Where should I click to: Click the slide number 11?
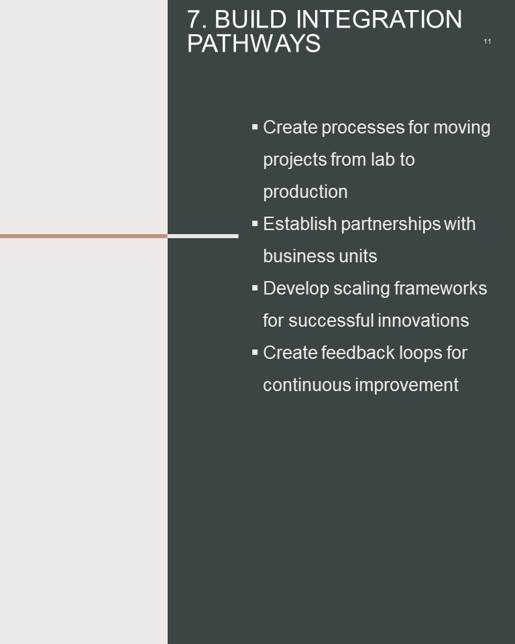click(x=487, y=42)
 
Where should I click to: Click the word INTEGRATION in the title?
click(x=379, y=19)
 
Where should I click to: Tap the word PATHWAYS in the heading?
click(x=253, y=43)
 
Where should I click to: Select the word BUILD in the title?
click(x=251, y=19)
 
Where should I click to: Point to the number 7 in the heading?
click(x=194, y=19)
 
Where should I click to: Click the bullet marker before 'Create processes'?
click(x=255, y=127)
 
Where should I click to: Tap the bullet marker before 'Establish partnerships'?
click(x=255, y=223)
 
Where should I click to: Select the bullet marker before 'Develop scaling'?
click(x=255, y=288)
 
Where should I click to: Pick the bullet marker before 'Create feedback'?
click(x=255, y=352)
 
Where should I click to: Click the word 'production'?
click(x=305, y=193)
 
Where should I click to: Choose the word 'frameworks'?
click(x=441, y=288)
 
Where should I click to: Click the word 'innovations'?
click(x=423, y=321)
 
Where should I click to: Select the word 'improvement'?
click(x=406, y=386)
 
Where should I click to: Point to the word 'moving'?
click(x=462, y=127)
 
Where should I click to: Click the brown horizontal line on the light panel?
click(x=84, y=236)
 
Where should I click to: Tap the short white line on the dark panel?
click(x=203, y=236)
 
